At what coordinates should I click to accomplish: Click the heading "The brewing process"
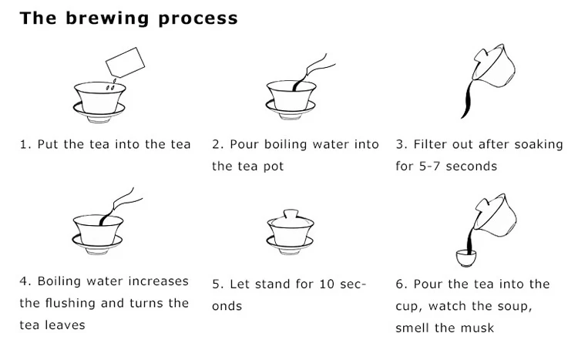coord(129,18)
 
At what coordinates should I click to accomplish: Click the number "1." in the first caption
coord(25,145)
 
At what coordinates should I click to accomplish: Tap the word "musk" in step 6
coord(479,328)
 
